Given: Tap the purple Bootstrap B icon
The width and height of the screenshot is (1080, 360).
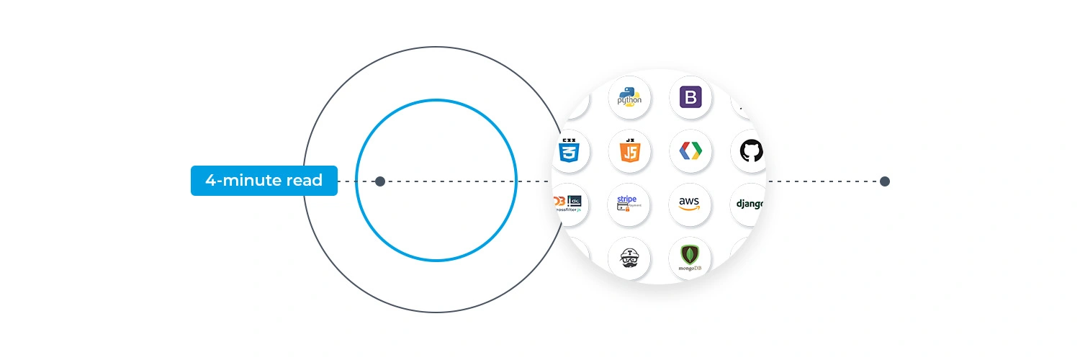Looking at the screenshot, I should point(690,97).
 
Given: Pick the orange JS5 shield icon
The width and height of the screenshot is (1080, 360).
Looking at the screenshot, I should point(629,150).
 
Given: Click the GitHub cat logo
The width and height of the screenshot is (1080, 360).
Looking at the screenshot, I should point(751,150).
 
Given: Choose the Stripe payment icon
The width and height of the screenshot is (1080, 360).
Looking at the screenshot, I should point(629,204).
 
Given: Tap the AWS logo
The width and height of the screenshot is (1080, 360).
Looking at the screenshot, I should point(690,204).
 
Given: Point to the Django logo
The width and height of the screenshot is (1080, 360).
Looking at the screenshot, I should point(749,204).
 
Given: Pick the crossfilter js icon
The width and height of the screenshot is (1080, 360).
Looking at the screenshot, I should point(570,204).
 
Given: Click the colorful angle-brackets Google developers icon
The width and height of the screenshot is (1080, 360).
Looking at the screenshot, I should point(690,150).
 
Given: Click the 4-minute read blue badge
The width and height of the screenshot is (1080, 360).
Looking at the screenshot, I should point(264,181).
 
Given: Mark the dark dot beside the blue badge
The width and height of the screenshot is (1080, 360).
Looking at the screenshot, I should point(380,181).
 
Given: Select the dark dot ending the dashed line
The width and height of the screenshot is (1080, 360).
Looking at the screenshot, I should point(885,181).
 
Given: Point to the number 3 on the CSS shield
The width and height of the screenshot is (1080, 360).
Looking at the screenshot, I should point(569,154).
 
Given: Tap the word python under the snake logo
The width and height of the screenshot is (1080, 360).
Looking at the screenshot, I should point(629,101).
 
